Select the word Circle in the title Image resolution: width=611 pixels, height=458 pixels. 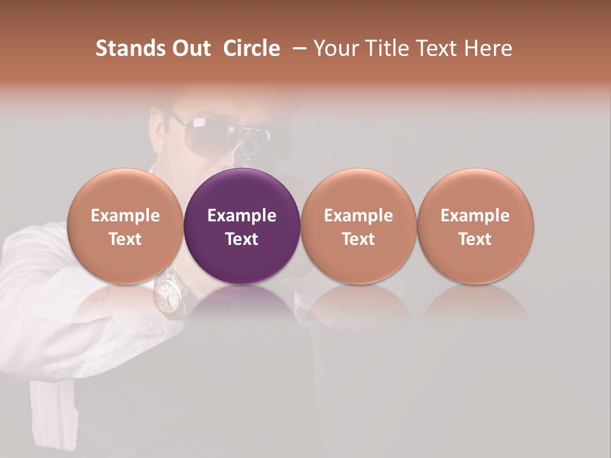point(252,48)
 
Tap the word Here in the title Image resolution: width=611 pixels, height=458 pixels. point(488,48)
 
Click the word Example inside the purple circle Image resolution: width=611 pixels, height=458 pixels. point(242,216)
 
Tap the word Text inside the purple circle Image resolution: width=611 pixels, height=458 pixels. point(242,239)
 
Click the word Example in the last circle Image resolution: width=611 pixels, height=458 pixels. point(475,216)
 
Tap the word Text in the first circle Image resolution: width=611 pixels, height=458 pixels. point(125,239)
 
